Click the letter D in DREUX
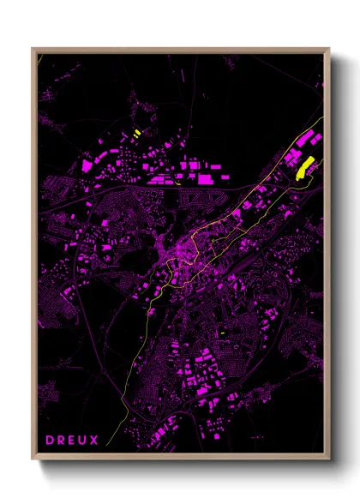click(50, 441)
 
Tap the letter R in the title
click(62, 441)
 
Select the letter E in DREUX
click(73, 441)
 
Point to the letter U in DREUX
click(84, 441)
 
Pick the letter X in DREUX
click(95, 441)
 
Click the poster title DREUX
click(73, 441)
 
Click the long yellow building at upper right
click(303, 167)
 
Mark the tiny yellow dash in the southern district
click(221, 333)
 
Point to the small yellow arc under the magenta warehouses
click(177, 181)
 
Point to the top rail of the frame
click(180, 50)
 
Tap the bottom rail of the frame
click(180, 459)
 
